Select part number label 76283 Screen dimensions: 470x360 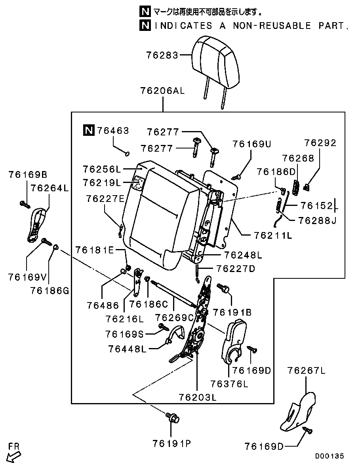pos(162,55)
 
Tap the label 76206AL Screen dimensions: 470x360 pos(162,91)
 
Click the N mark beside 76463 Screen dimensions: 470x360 pos(89,130)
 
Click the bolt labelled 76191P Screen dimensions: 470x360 pos(173,417)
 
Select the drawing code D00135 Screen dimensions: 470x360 pos(330,456)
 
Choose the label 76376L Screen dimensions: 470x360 pos(229,384)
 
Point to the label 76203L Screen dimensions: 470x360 pos(197,397)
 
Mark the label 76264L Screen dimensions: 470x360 pos(50,188)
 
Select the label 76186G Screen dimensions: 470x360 pos(49,291)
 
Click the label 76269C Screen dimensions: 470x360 pos(174,317)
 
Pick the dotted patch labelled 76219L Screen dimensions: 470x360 pos(138,183)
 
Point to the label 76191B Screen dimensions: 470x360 pos(232,312)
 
